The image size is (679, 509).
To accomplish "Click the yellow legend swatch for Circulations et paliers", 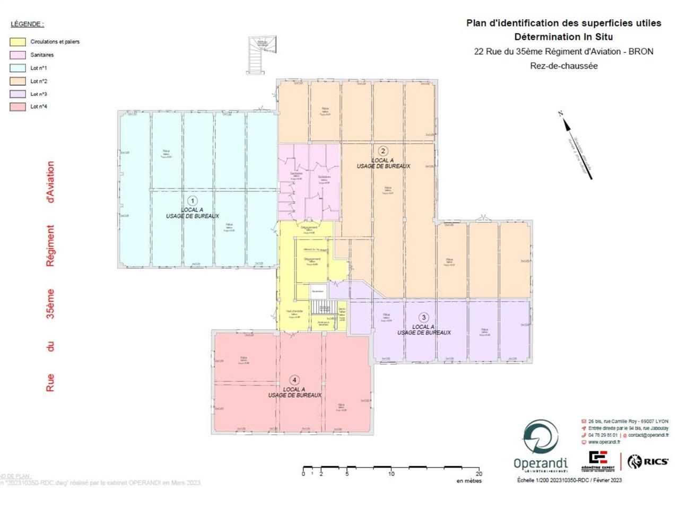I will tap(18, 42).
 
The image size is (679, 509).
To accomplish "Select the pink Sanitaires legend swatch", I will tap(18, 55).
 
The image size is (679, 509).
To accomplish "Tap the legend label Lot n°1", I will tap(39, 68).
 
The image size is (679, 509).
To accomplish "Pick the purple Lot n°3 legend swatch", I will tap(18, 94).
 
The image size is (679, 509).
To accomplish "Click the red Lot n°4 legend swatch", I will tap(18, 107).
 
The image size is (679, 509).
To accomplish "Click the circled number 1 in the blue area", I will tap(193, 200).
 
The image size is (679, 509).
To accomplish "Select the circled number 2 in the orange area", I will tap(383, 151).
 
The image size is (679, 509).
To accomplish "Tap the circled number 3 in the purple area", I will tap(423, 318).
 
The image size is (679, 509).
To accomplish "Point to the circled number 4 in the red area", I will tap(294, 380).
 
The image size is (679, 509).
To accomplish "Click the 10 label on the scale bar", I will tap(391, 474).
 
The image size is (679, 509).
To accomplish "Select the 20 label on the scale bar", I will tap(478, 474).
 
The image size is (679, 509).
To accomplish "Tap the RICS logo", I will tap(648, 461).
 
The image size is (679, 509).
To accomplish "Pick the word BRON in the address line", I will tap(641, 51).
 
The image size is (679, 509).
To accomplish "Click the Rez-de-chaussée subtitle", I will tap(563, 66).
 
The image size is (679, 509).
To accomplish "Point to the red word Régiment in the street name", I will tap(50, 245).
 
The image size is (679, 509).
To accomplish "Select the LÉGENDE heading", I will tap(27, 24).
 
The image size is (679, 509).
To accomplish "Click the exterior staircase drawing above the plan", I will tap(262, 55).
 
